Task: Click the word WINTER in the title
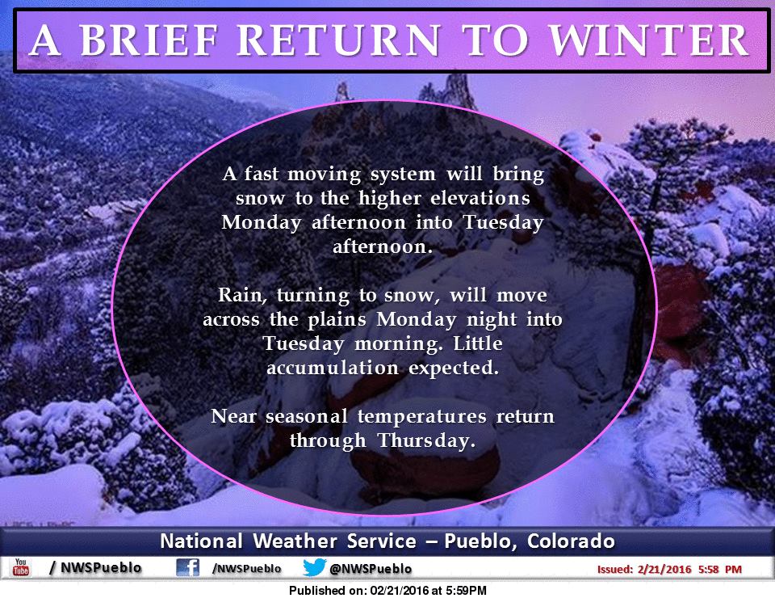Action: pos(649,40)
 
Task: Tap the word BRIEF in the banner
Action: pos(149,40)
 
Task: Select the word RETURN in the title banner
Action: pos(339,40)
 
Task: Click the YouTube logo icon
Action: pos(21,567)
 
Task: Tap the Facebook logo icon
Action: pos(188,567)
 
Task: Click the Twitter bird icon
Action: pos(314,567)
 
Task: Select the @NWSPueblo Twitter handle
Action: pos(371,569)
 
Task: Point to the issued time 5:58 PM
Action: pos(719,569)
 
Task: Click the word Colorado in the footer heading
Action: pos(571,541)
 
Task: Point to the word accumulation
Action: pos(333,368)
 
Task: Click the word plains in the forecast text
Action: pos(337,320)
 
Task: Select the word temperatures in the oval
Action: pos(422,417)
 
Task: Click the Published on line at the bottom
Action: pos(388,591)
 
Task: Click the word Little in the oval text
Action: pos(478,343)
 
